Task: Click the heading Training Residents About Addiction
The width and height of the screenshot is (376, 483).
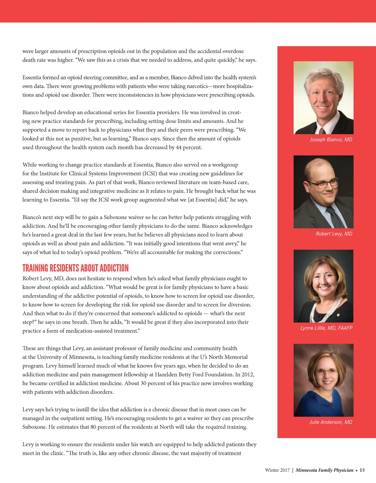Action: [76, 268]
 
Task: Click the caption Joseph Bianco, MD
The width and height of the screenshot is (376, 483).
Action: [331, 140]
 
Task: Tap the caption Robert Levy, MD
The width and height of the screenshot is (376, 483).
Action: [334, 234]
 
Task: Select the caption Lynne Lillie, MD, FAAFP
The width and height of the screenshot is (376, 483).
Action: [326, 328]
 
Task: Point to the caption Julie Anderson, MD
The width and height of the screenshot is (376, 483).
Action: [330, 422]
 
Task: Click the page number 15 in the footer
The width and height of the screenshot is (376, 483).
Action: [362, 470]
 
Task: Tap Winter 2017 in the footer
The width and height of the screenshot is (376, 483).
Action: [277, 470]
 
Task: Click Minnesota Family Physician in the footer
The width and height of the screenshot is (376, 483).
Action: [324, 470]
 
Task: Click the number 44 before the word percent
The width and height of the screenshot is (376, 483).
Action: [179, 147]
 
